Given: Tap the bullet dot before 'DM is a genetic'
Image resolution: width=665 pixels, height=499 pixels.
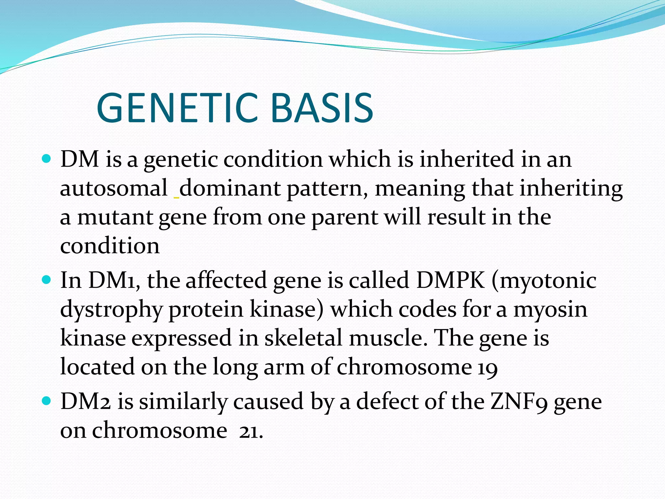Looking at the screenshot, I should (47, 159).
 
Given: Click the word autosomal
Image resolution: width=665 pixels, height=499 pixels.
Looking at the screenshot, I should (114, 188).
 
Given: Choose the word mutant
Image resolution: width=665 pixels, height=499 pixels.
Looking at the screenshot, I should (115, 217).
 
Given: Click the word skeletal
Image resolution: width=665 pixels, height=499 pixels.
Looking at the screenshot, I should (303, 338).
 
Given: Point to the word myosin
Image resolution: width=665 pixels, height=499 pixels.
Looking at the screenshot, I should (550, 309).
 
